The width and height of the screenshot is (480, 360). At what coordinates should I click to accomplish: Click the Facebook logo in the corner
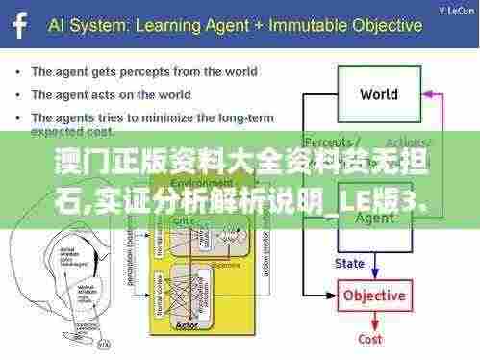16,24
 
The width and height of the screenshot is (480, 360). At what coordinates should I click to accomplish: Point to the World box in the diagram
378,94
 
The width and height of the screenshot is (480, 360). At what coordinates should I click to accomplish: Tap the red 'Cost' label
370,339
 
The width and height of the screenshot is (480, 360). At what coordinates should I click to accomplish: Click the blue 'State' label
349,262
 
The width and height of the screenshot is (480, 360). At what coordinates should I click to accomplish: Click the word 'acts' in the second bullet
108,95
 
